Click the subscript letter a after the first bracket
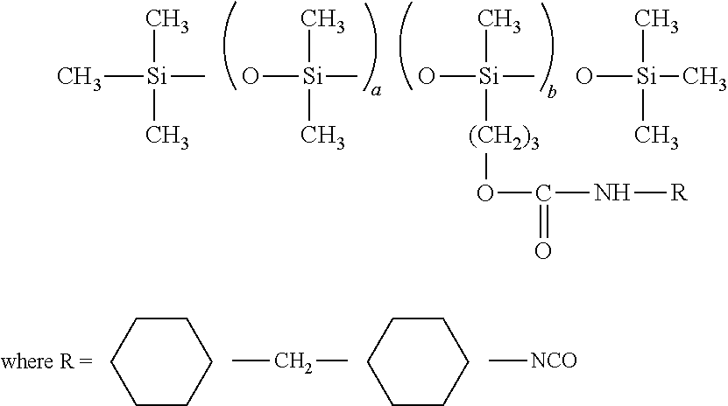click(x=376, y=91)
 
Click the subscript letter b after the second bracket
click(x=552, y=92)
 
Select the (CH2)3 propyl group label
click(x=504, y=137)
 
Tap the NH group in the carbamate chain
click(x=612, y=192)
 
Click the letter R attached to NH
click(x=679, y=192)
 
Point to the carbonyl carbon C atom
click(x=543, y=192)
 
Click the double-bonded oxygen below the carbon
click(x=543, y=250)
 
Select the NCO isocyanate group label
click(x=554, y=360)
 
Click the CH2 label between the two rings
click(x=293, y=361)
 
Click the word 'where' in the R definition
click(x=27, y=360)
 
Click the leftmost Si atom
click(x=157, y=76)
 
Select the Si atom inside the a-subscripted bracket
click(x=313, y=76)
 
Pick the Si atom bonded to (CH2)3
click(x=489, y=76)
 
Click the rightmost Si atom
click(x=647, y=76)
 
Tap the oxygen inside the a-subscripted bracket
click(x=251, y=76)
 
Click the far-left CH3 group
click(x=79, y=77)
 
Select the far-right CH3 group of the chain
click(x=703, y=77)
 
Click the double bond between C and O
click(x=543, y=221)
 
